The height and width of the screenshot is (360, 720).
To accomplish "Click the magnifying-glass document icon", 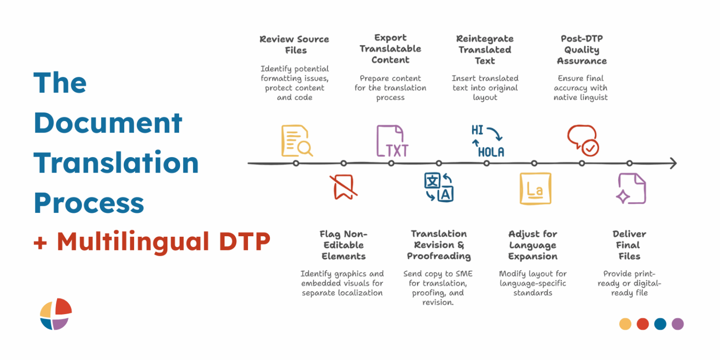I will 296,141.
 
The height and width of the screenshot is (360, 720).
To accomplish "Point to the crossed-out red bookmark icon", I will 344,187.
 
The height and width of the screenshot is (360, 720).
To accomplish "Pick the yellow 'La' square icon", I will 535,188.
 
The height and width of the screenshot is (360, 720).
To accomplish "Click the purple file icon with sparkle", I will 631,188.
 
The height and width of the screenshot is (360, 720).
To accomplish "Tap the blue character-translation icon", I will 439,187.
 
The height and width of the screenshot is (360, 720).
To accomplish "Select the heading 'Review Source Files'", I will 294,45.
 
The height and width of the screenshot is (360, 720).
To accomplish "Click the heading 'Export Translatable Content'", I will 390,49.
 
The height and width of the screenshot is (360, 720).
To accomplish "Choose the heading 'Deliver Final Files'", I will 629,245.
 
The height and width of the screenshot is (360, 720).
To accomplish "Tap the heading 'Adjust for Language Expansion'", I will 533,245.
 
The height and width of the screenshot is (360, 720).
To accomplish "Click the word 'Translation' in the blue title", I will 116,163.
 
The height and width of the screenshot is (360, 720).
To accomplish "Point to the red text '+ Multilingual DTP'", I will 152,242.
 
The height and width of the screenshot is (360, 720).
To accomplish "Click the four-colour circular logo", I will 56,314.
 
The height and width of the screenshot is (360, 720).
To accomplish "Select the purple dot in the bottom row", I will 677,324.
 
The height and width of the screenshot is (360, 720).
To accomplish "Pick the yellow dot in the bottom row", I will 625,324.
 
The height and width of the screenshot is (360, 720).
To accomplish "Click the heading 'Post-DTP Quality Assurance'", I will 581,50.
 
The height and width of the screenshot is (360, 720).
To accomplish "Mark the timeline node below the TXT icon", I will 391,163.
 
